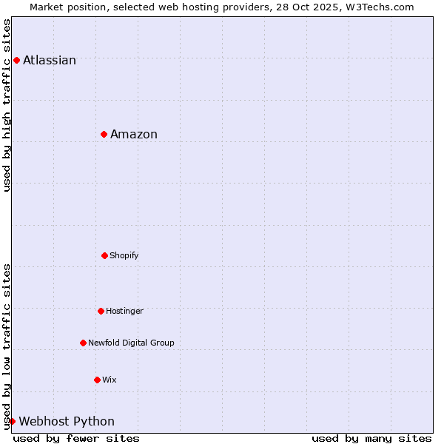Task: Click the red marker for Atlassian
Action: click(16, 60)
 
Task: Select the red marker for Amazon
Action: click(104, 134)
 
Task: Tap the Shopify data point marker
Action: click(104, 255)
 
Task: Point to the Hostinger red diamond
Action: click(101, 311)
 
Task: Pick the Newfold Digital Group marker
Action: click(83, 343)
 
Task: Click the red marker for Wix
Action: click(97, 380)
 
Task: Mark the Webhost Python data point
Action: click(12, 421)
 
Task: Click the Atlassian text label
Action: click(50, 60)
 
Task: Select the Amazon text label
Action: click(134, 134)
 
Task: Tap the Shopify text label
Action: click(124, 255)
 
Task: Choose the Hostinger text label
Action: click(124, 311)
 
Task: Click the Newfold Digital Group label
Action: click(131, 343)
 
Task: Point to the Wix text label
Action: click(110, 380)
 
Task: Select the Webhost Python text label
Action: click(67, 421)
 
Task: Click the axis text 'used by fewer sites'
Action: click(76, 438)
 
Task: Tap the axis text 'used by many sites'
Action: click(371, 438)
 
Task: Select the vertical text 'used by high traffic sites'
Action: click(7, 105)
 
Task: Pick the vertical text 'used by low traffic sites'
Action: click(7, 346)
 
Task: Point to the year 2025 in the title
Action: click(316, 7)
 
